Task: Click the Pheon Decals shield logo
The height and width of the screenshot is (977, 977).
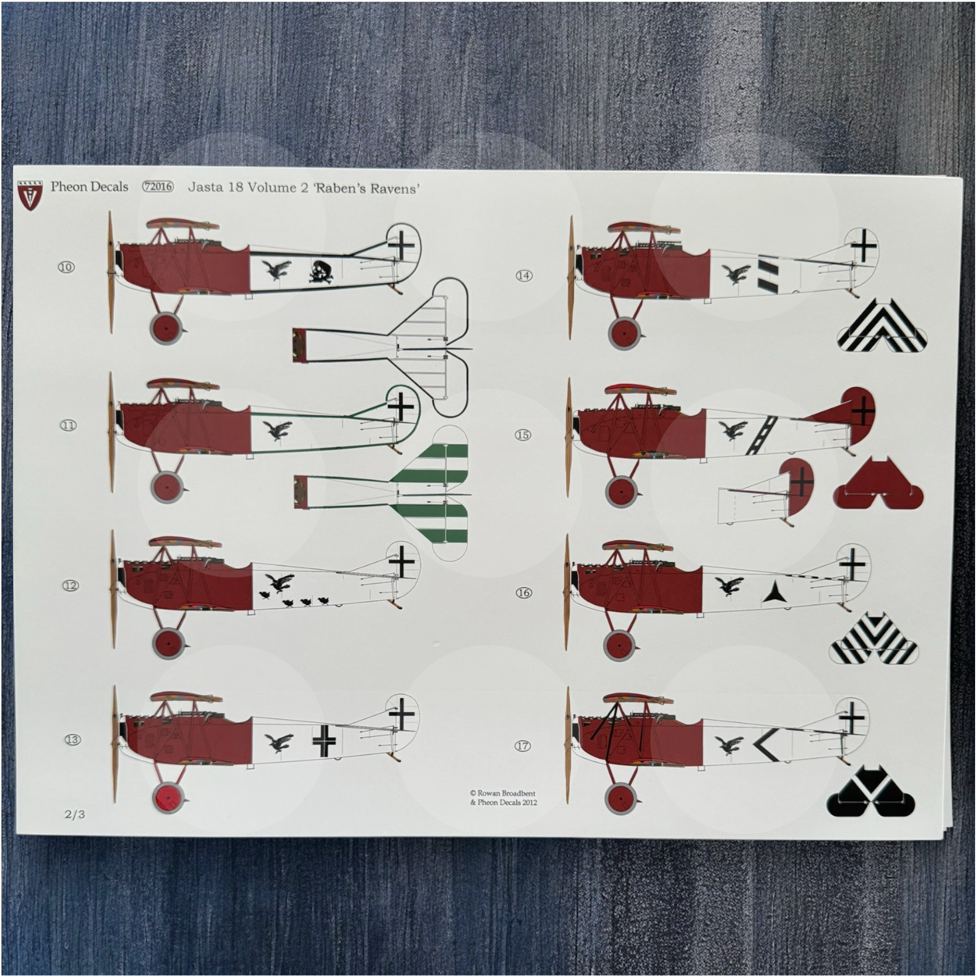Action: (x=30, y=194)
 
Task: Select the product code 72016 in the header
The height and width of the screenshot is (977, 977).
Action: (x=158, y=187)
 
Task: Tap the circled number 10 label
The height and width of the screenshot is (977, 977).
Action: (x=66, y=267)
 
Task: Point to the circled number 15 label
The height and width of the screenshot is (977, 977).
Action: (x=523, y=434)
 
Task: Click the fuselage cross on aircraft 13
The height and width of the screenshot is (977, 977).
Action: (x=324, y=741)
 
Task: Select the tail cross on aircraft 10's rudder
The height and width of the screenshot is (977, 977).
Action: (x=402, y=245)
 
